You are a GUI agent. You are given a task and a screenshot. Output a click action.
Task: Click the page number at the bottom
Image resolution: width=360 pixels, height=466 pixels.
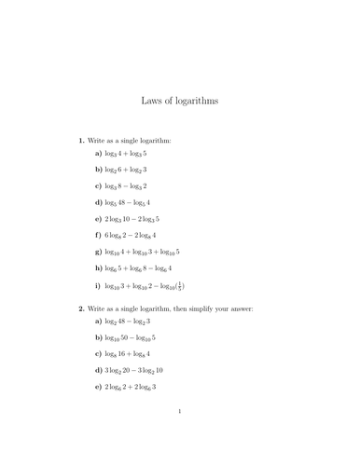tap(179, 435)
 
